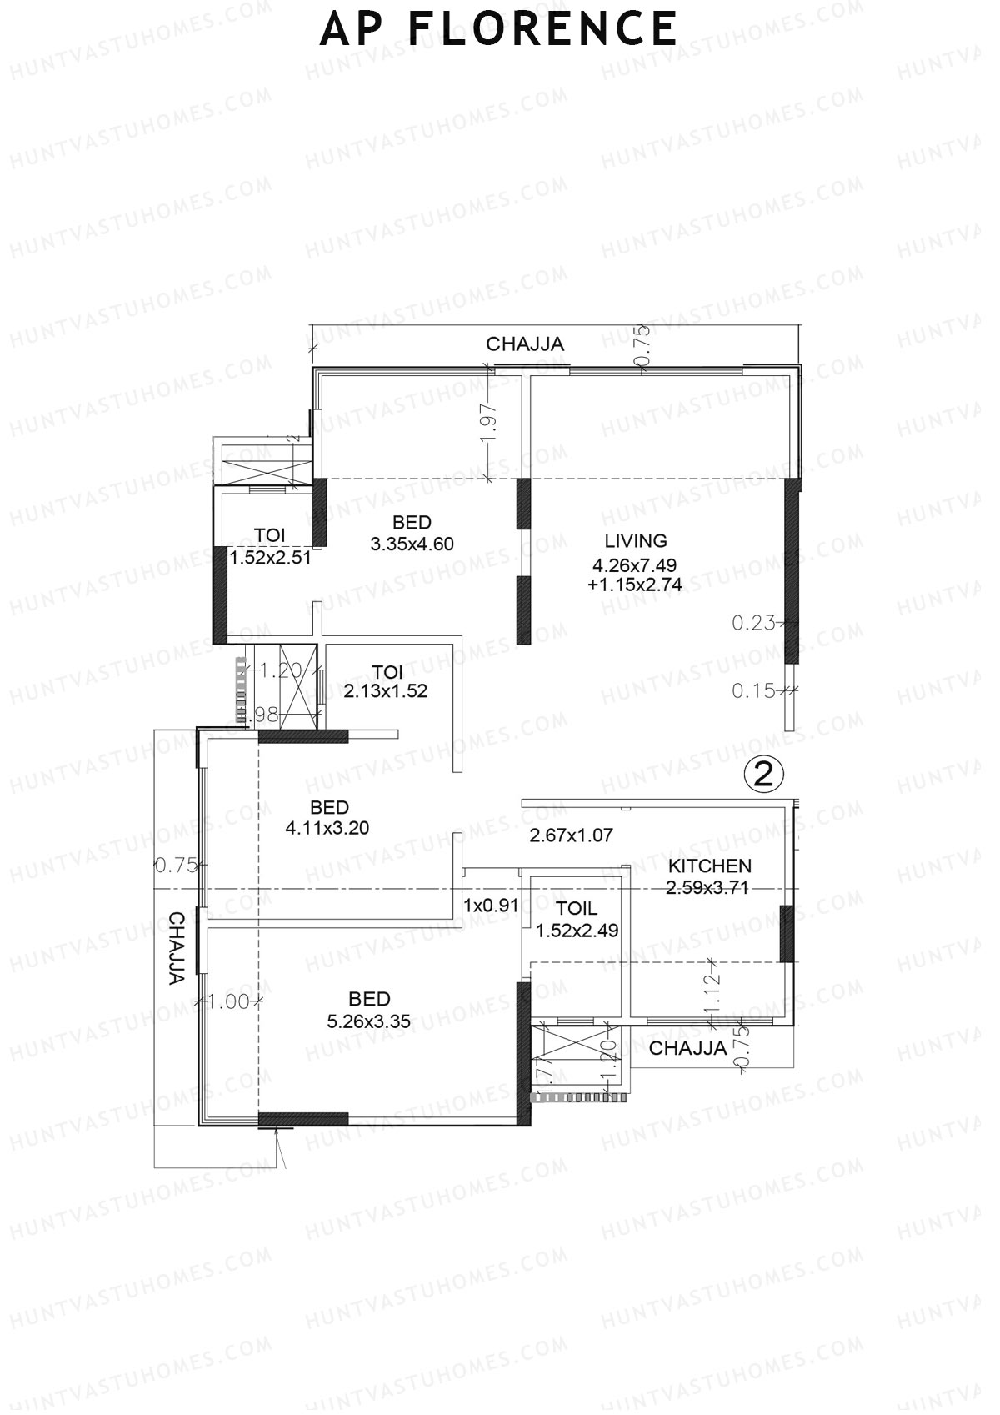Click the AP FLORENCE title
(x=498, y=29)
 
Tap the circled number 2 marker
(x=763, y=775)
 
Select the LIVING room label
(x=636, y=540)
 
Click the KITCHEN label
(x=710, y=866)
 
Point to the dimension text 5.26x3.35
(x=369, y=1021)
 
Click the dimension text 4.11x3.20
(x=327, y=829)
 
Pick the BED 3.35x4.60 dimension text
(x=412, y=544)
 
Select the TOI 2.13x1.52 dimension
(x=386, y=691)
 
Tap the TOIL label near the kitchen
(x=577, y=909)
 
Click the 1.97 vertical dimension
(x=489, y=422)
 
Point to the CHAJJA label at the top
(x=525, y=344)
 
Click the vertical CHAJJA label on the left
(x=177, y=949)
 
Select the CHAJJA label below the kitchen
(x=687, y=1049)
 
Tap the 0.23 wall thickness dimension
(x=753, y=622)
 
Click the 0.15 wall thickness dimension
(x=753, y=690)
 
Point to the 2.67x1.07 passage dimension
(x=572, y=835)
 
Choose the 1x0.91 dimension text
(x=492, y=905)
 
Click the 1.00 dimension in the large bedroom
(x=229, y=1001)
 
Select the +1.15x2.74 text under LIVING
(x=635, y=585)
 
